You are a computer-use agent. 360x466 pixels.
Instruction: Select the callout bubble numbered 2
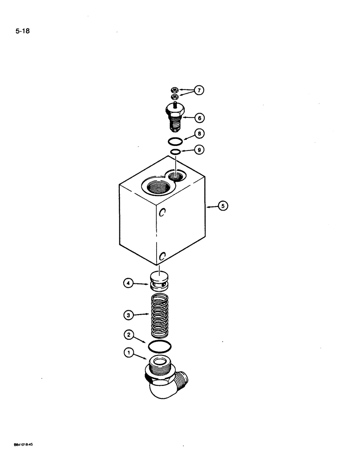click(129, 335)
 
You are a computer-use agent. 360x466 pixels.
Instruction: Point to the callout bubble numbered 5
click(223, 205)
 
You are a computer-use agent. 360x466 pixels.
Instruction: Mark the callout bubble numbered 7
click(199, 90)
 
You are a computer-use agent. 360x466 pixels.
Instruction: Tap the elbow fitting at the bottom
click(163, 377)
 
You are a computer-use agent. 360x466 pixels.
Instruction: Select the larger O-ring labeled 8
click(175, 140)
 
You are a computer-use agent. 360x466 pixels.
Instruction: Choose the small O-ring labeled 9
click(175, 152)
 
